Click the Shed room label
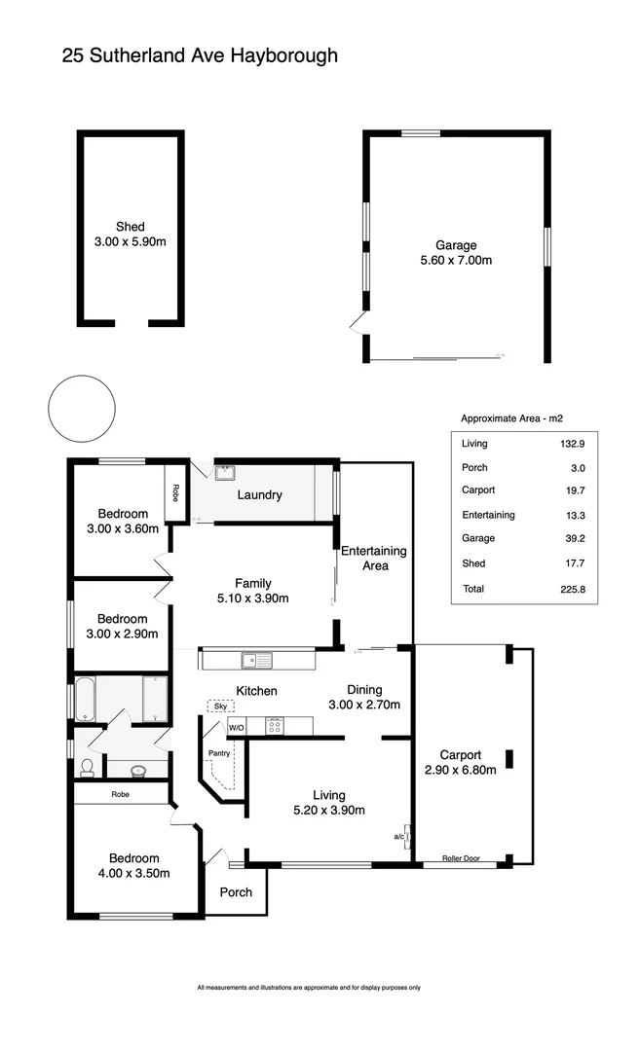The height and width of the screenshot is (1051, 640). point(130,227)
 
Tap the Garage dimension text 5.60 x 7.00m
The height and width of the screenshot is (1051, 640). point(456,261)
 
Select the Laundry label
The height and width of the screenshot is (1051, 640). point(260,494)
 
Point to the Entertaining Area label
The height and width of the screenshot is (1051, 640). point(374,558)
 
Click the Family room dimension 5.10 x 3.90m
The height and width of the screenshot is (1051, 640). point(252,598)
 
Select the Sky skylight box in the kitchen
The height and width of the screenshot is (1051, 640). point(221,706)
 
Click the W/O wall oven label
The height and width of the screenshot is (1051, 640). point(237,727)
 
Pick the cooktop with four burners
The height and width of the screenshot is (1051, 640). point(275,726)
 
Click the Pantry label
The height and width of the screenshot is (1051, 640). point(218,753)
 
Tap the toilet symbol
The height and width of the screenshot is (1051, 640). point(87,767)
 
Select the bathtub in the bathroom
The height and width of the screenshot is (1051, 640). point(85,700)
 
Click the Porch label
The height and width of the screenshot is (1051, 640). point(236,891)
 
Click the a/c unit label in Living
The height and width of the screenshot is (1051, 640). point(399,836)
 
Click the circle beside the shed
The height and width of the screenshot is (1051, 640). point(80,408)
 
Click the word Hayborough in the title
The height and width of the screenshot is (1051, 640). point(284,55)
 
